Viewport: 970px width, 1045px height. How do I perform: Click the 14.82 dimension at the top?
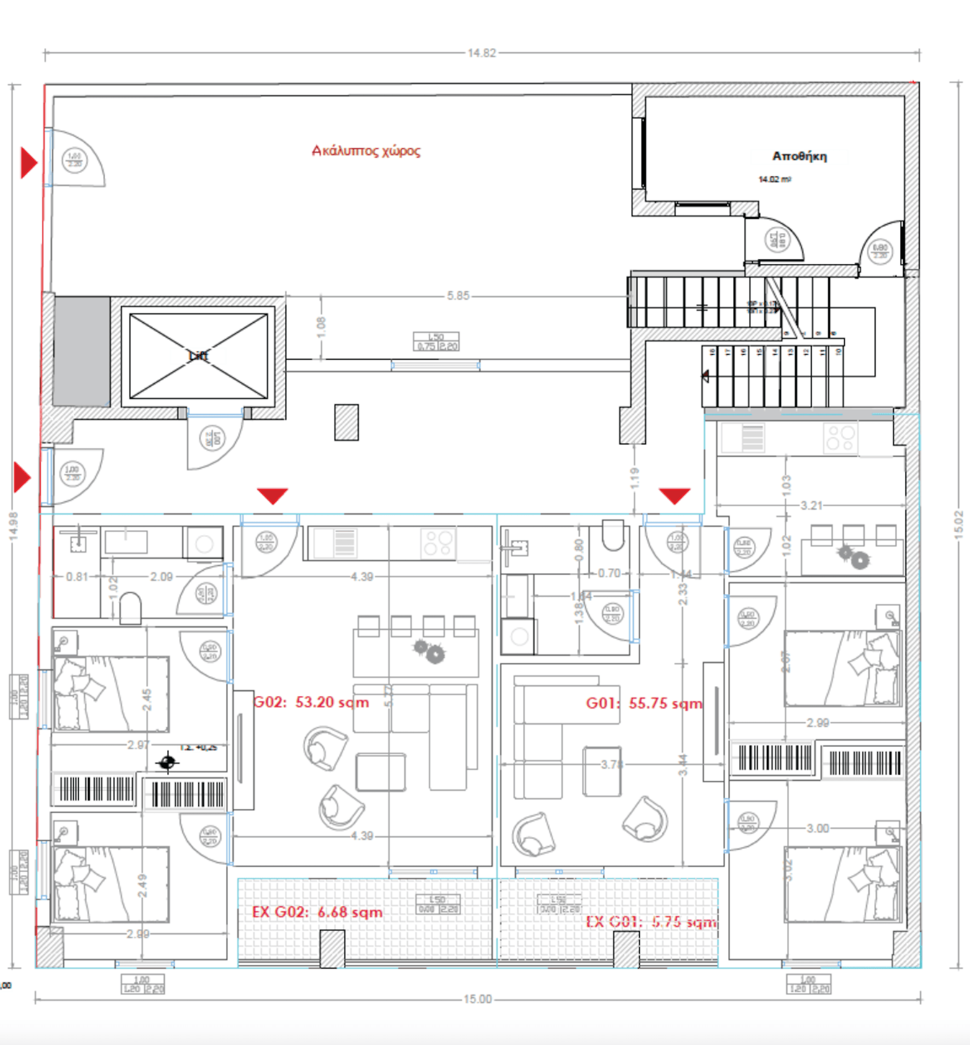point(481,53)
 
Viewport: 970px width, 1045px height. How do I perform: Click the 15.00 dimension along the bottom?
point(477,999)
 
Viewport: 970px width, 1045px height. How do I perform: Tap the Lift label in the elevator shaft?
point(198,356)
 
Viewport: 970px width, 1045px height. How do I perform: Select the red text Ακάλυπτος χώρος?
point(366,150)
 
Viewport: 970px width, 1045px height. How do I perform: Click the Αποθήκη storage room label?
point(799,156)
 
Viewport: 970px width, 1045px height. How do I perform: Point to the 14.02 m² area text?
point(774,179)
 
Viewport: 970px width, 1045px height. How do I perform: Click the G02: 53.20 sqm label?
point(311,702)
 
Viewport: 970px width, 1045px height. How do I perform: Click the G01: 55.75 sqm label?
point(644,703)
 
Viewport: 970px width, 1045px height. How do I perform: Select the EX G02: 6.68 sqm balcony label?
point(317,912)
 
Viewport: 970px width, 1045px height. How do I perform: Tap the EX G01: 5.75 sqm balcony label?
point(651,922)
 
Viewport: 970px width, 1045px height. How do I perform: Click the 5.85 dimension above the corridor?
point(458,296)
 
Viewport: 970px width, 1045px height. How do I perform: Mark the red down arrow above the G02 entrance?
point(273,495)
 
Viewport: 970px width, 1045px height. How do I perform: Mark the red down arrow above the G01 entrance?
point(674,495)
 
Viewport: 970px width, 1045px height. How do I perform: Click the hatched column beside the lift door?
point(347,422)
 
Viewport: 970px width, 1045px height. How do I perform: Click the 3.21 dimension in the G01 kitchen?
point(811,506)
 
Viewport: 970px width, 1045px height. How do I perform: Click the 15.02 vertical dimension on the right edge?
point(958,525)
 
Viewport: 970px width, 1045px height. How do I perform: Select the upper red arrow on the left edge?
point(28,162)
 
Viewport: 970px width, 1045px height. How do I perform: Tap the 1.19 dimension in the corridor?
point(634,478)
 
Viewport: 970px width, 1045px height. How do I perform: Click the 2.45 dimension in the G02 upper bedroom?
point(147,700)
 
